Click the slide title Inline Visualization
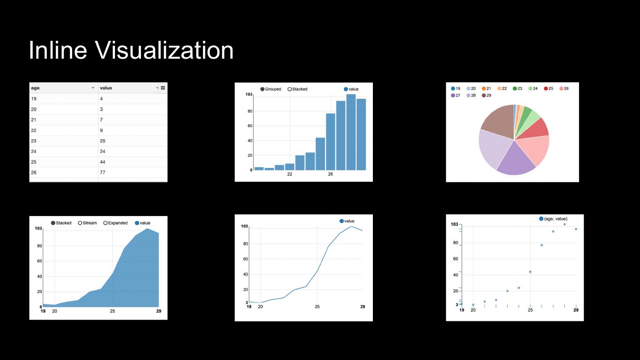[x=131, y=50]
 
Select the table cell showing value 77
[x=103, y=172]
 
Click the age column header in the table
[x=36, y=88]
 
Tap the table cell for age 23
[x=34, y=141]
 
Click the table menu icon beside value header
[x=163, y=88]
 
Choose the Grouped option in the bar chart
[x=271, y=89]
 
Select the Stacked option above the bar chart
[x=297, y=89]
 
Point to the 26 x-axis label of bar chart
[x=330, y=174]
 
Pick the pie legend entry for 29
[x=486, y=96]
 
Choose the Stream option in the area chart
[x=87, y=223]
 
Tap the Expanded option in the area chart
[x=115, y=223]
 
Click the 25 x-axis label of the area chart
[x=112, y=311]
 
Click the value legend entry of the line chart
[x=347, y=221]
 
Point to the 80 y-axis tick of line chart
[x=244, y=244]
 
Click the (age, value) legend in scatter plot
[x=553, y=219]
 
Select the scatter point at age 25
[x=530, y=272]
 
